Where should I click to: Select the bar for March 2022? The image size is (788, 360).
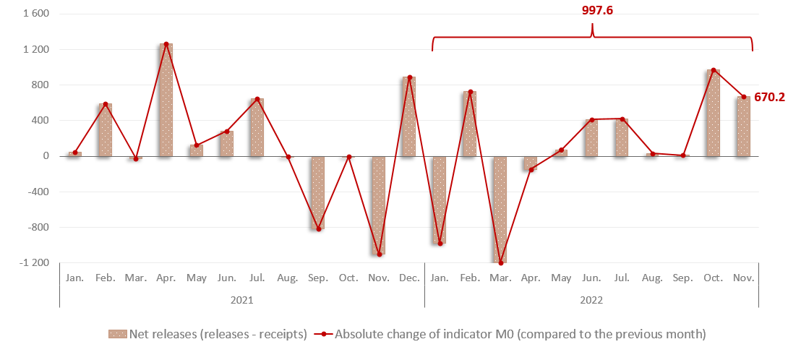click(x=500, y=210)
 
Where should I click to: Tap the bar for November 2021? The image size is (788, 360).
click(x=379, y=205)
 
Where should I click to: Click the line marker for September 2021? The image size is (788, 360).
click(x=318, y=229)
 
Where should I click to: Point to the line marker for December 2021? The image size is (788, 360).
click(x=409, y=77)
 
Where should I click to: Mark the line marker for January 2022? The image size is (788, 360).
click(x=440, y=244)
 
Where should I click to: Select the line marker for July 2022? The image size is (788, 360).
click(x=622, y=119)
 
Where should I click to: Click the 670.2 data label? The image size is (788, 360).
click(x=771, y=97)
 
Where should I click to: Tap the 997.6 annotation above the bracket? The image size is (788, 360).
click(x=592, y=10)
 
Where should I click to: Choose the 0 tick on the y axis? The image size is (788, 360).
click(x=45, y=156)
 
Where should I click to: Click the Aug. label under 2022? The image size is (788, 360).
click(x=652, y=278)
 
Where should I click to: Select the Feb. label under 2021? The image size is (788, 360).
click(x=106, y=278)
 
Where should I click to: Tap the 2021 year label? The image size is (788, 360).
click(x=241, y=299)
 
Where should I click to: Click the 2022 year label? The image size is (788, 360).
click(x=591, y=299)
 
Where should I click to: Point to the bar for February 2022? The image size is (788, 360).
click(x=470, y=124)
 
